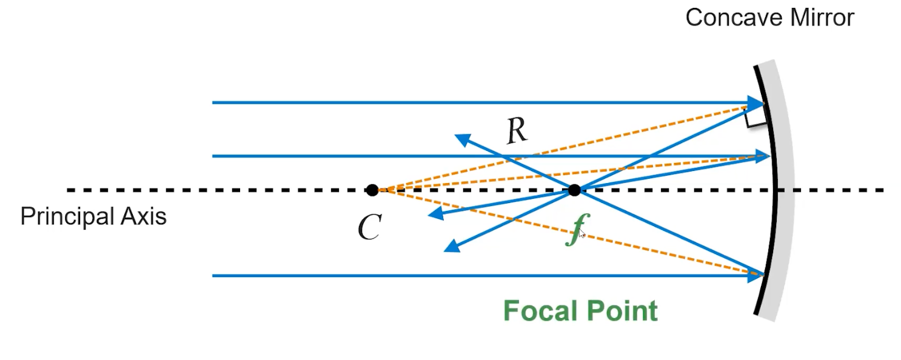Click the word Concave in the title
pyautogui.click(x=723, y=17)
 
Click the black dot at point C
pyautogui.click(x=372, y=190)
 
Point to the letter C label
pyautogui.click(x=369, y=227)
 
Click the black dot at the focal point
pyautogui.click(x=574, y=190)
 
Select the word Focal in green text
pyautogui.click(x=538, y=311)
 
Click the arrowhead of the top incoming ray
pyautogui.click(x=755, y=102)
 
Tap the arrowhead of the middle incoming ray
pyautogui.click(x=762, y=156)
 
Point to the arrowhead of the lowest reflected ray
pyautogui.click(x=450, y=247)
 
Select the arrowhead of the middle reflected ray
pyautogui.click(x=434, y=214)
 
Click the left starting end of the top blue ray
pyautogui.click(x=213, y=102)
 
